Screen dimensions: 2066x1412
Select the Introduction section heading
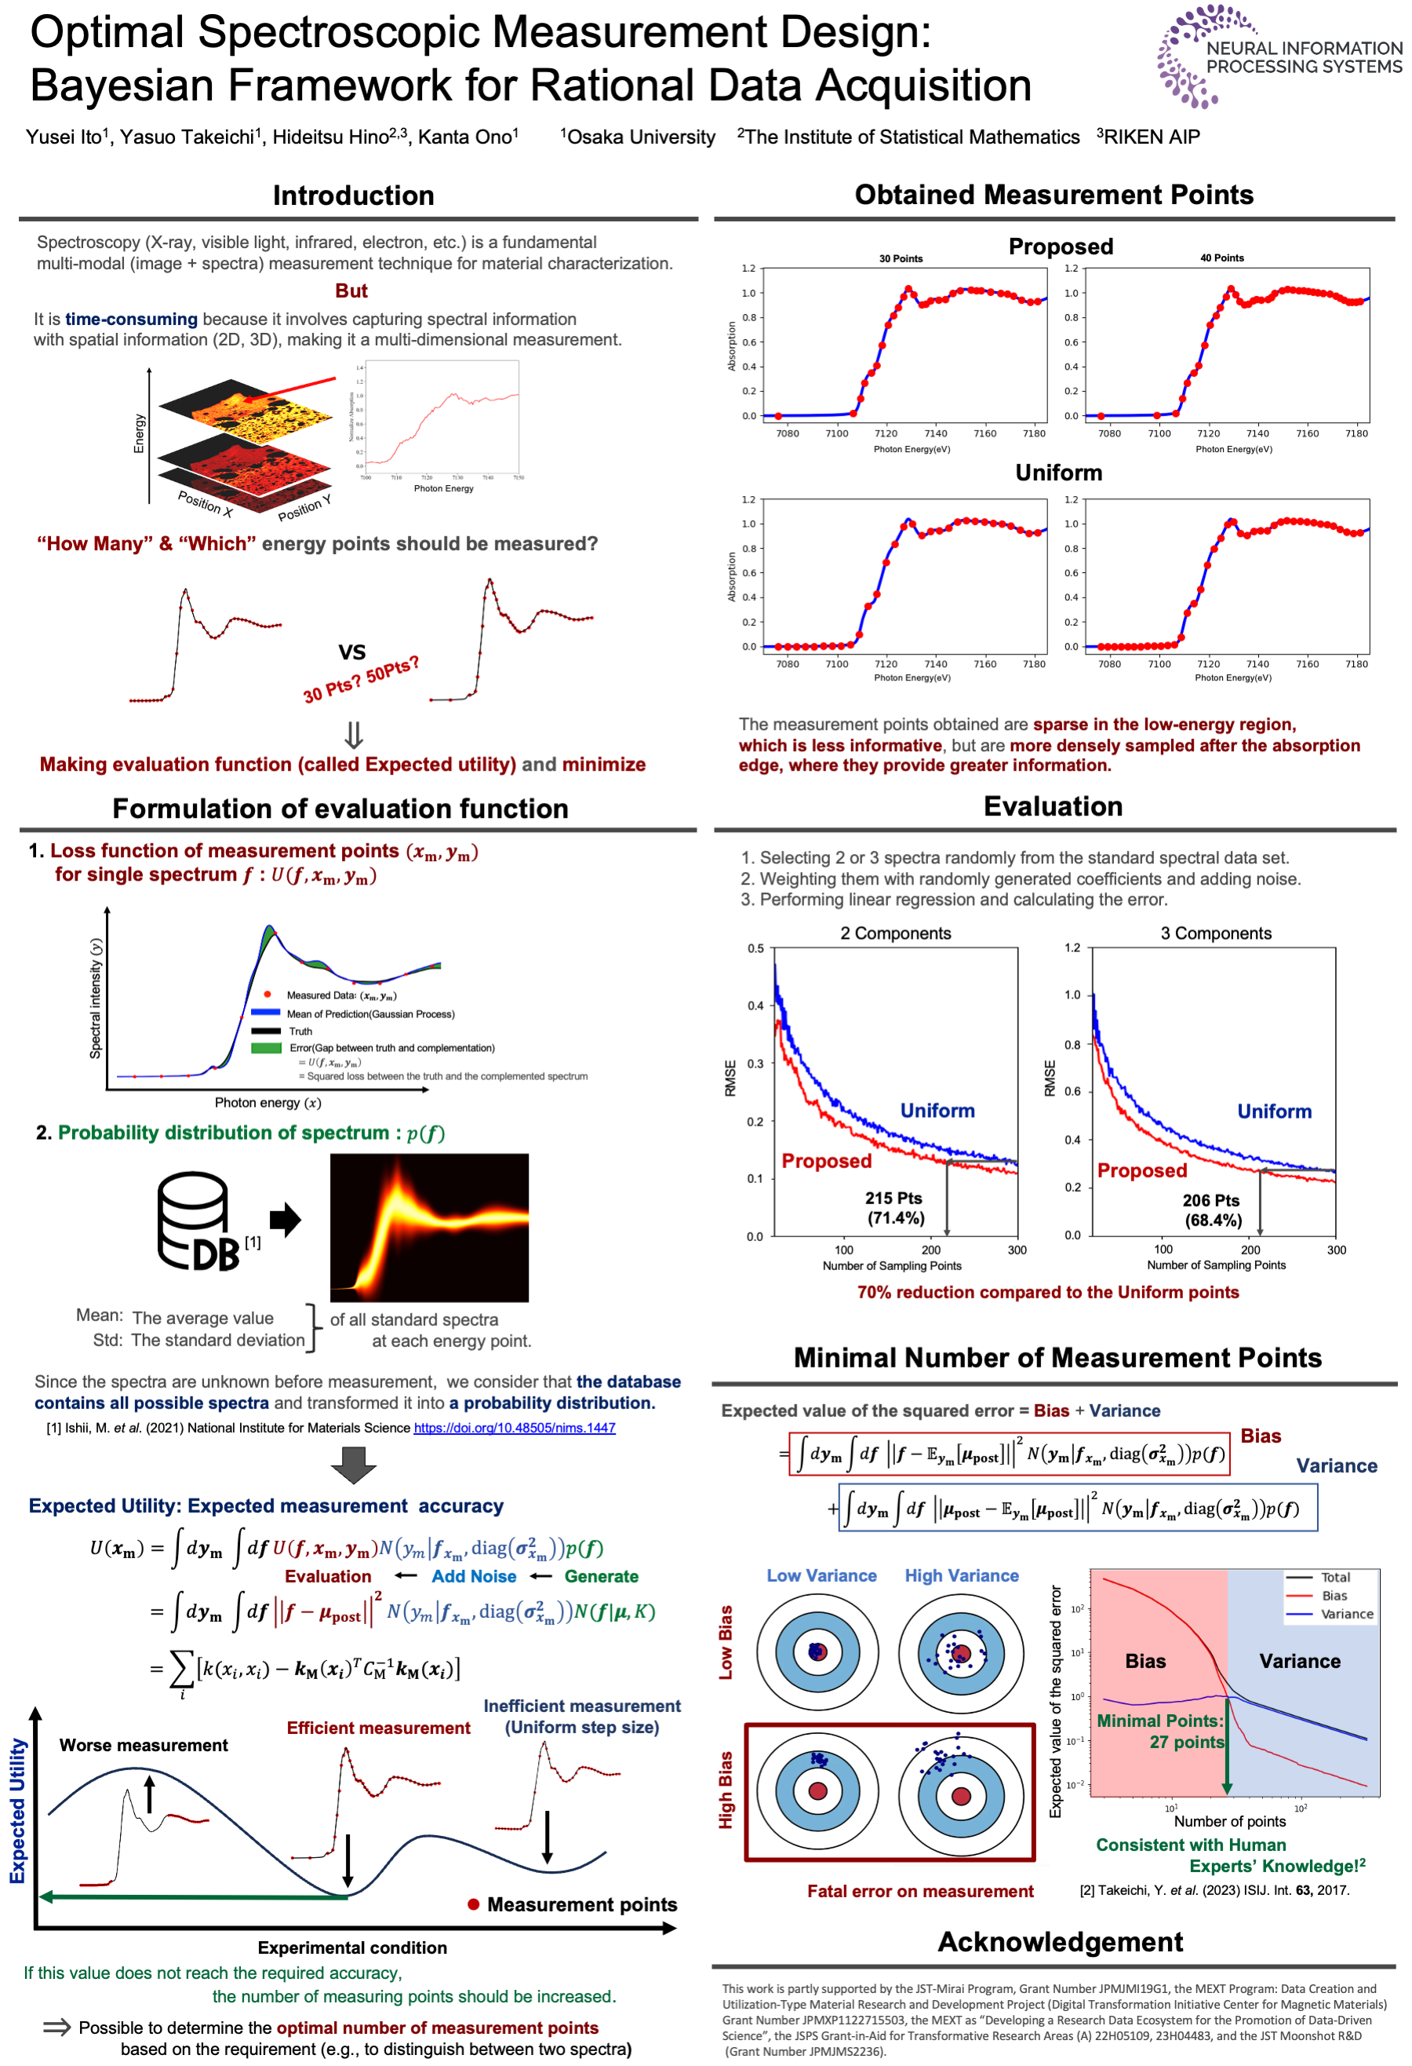353,195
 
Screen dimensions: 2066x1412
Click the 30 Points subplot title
901,259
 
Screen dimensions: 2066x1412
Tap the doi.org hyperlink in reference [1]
514,1428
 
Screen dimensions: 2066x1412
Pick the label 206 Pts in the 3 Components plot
1210,1200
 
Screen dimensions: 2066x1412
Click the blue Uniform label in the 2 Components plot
937,1111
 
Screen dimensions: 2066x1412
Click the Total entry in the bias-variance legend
1334,1577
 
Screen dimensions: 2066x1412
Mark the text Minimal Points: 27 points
1159,1731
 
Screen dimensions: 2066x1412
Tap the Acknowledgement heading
1059,1941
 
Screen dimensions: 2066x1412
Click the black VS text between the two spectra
352,652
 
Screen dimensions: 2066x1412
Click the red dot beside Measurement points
474,1904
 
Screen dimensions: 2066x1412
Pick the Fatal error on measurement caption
919,1891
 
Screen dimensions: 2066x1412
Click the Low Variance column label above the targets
821,1575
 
